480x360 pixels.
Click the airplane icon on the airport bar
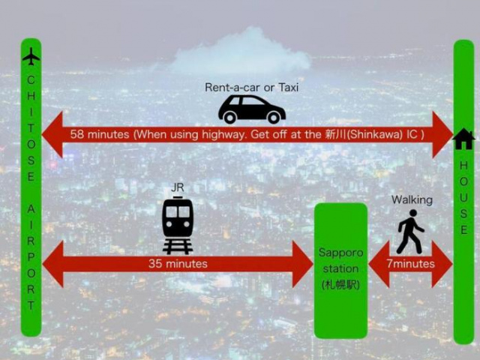[31, 56]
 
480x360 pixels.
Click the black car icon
[252, 109]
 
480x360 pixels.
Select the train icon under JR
[178, 226]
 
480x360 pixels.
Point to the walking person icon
[410, 232]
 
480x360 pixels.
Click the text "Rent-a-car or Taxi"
[251, 88]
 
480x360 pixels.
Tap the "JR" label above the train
[178, 187]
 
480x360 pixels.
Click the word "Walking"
[412, 200]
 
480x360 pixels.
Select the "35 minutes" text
[178, 263]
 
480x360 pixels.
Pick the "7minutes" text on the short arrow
[410, 263]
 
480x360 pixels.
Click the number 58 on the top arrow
[76, 134]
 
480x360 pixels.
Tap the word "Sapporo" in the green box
[340, 253]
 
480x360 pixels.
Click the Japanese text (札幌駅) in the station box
[340, 285]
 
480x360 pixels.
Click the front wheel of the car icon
[274, 117]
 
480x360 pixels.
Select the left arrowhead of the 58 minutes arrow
[52, 134]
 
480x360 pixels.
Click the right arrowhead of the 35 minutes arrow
[302, 264]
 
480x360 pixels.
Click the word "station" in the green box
[340, 268]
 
